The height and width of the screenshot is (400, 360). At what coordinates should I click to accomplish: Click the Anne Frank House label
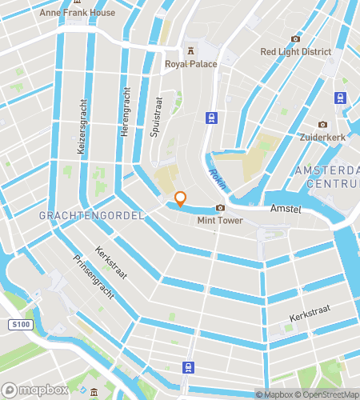83,13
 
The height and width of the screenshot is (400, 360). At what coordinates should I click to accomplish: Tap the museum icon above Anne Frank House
83,2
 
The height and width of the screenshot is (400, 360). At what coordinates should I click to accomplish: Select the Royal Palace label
191,64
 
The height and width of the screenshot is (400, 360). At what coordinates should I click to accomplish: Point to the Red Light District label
295,52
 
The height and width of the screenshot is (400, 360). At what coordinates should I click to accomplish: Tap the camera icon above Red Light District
295,39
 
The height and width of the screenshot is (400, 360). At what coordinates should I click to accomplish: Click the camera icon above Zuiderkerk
322,125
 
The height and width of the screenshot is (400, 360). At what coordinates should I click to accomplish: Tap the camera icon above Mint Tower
219,209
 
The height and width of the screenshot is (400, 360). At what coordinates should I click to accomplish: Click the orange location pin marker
181,198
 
